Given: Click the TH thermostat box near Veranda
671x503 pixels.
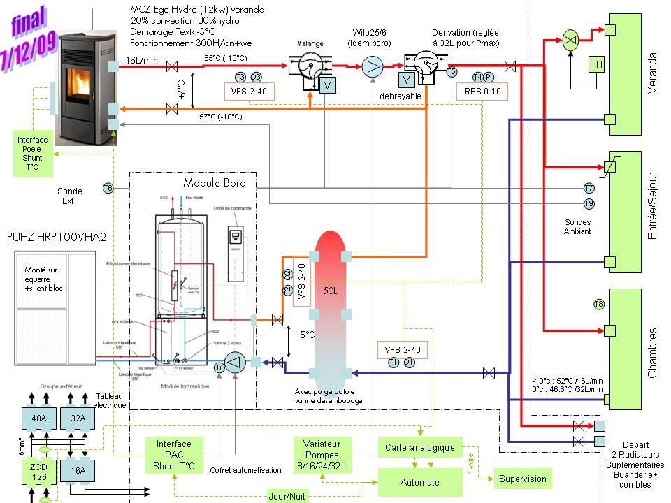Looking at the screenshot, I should (x=596, y=65).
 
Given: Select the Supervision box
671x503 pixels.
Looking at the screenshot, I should (x=522, y=479).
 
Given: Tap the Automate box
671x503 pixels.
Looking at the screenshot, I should (x=419, y=482).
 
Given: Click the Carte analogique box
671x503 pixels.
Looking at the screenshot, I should (x=419, y=447).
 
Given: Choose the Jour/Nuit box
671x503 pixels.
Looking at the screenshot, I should (x=287, y=495).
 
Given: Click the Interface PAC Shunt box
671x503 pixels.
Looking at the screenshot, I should (x=173, y=455).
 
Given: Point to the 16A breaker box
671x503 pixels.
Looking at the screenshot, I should (x=77, y=471).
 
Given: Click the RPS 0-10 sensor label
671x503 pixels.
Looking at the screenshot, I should (x=482, y=92).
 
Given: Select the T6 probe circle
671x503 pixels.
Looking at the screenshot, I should (x=108, y=188).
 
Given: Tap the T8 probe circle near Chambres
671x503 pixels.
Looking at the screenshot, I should (x=599, y=304).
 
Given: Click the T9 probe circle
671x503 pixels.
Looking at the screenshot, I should (x=589, y=203).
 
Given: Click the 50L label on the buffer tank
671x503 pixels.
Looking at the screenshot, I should (x=331, y=289).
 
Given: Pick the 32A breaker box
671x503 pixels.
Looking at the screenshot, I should (x=77, y=418).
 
